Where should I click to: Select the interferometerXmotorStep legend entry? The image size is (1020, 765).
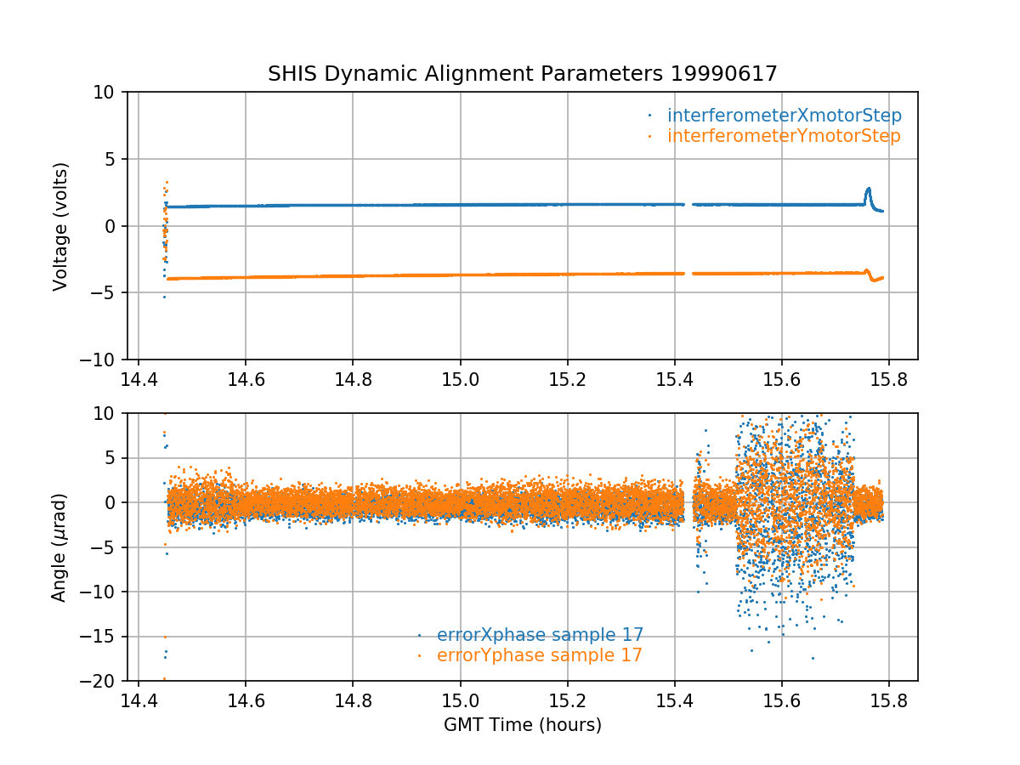click(x=784, y=116)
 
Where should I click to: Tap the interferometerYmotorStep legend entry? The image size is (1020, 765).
click(x=784, y=136)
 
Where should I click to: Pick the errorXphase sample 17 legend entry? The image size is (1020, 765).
click(x=540, y=635)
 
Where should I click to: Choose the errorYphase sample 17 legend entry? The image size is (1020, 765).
click(x=539, y=655)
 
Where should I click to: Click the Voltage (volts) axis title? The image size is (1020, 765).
click(x=60, y=226)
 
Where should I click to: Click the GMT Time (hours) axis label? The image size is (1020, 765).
click(x=523, y=725)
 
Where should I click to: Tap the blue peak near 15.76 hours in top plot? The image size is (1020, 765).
click(x=868, y=190)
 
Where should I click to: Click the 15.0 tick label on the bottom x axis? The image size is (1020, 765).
click(x=460, y=701)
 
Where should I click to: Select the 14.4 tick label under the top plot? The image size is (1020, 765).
click(x=139, y=379)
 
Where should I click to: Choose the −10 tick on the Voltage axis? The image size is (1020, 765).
click(x=105, y=360)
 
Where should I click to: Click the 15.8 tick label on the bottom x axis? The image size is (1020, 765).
click(x=889, y=701)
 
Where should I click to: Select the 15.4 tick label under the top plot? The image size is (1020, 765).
click(x=674, y=379)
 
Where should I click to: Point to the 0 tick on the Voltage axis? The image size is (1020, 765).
click(x=115, y=226)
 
